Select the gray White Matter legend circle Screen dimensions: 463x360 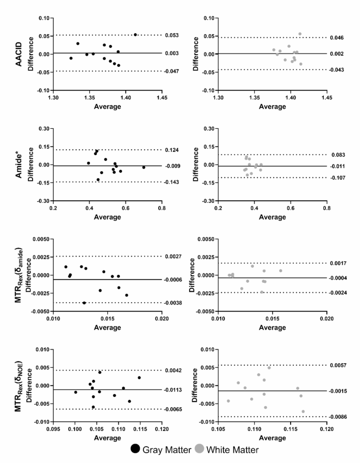point(200,449)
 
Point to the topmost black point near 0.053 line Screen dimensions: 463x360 point(135,35)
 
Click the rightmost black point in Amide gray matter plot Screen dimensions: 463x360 point(143,167)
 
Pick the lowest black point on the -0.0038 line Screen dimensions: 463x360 point(84,303)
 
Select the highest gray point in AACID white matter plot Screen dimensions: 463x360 point(300,34)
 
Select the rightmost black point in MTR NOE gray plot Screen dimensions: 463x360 point(139,377)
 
